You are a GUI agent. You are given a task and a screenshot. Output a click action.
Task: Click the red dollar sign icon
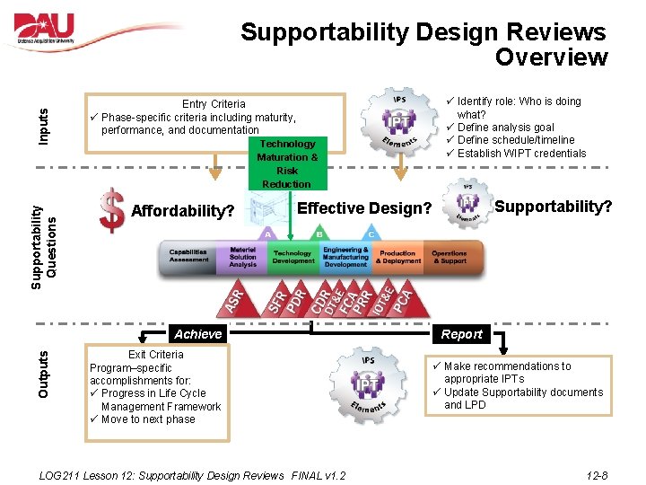click(x=112, y=210)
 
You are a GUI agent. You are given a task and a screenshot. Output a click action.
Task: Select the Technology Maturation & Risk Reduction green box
click(x=287, y=163)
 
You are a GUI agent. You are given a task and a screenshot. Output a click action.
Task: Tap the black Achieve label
click(x=197, y=334)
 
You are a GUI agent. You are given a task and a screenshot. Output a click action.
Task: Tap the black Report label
click(x=462, y=334)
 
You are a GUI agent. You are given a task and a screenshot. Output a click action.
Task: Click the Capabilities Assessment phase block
click(x=189, y=257)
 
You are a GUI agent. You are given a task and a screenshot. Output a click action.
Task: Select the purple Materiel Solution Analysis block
click(x=242, y=257)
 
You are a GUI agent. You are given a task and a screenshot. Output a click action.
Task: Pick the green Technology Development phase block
click(x=293, y=257)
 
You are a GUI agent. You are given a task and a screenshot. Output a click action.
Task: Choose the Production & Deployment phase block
click(x=397, y=257)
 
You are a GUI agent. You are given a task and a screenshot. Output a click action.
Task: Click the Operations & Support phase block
click(x=449, y=257)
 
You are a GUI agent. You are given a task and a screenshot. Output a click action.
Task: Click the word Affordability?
click(x=183, y=212)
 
